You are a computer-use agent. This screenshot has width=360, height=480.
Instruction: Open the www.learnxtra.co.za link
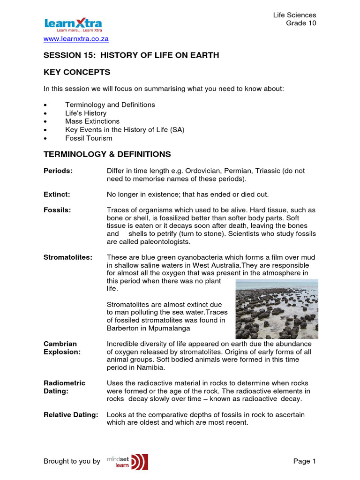[76, 39]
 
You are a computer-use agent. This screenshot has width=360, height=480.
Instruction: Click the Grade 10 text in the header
[301, 24]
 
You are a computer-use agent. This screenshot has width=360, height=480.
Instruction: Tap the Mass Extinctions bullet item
[92, 121]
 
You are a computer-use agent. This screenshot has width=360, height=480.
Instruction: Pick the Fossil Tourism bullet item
[89, 138]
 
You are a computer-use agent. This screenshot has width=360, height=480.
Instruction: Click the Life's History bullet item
[86, 113]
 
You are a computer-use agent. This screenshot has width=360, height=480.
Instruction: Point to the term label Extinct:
[56, 194]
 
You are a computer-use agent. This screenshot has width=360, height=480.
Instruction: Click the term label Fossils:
[57, 210]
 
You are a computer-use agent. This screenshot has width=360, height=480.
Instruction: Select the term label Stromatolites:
[68, 257]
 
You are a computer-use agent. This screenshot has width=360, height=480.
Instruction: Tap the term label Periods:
[58, 171]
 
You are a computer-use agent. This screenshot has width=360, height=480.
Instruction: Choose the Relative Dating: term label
[71, 414]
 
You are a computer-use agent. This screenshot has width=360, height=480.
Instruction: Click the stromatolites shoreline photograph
[277, 309]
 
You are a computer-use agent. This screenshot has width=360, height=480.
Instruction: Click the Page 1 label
[305, 461]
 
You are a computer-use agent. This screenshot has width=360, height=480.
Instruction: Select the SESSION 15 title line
[131, 55]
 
